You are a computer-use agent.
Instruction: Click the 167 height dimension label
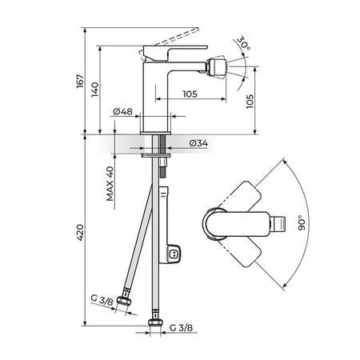(80, 82)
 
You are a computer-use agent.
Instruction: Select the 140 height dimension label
(94, 90)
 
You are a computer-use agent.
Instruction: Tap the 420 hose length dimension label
(80, 233)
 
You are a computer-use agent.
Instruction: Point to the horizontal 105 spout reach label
(190, 94)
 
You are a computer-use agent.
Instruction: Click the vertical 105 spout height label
(250, 102)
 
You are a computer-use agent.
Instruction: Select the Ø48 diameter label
(122, 111)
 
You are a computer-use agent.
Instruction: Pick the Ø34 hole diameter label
(198, 143)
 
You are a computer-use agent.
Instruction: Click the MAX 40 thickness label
(110, 184)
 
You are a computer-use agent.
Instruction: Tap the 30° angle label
(243, 42)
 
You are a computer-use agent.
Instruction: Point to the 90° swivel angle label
(302, 223)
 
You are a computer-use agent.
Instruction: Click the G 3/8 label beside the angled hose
(102, 300)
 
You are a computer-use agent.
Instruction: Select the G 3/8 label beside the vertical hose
(181, 327)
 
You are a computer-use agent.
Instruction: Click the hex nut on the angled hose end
(124, 301)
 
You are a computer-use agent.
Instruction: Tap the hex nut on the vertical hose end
(155, 322)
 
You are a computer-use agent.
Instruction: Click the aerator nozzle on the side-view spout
(218, 67)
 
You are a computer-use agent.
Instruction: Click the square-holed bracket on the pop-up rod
(174, 253)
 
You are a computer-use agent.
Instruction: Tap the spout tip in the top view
(278, 223)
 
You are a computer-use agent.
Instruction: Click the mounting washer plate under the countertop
(155, 155)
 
